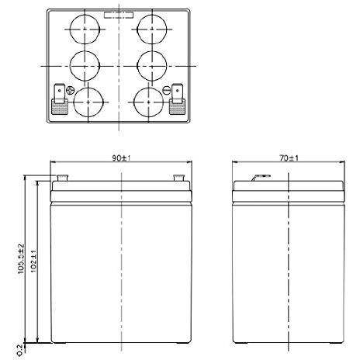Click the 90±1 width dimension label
tap(121, 158)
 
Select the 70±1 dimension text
tap(289, 158)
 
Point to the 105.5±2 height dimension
tap(21, 258)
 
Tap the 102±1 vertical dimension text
tap(33, 261)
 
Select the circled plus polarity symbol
tap(70, 90)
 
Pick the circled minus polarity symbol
tap(167, 90)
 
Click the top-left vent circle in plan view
tap(85, 29)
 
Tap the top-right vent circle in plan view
tap(152, 29)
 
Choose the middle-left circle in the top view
tap(85, 66)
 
